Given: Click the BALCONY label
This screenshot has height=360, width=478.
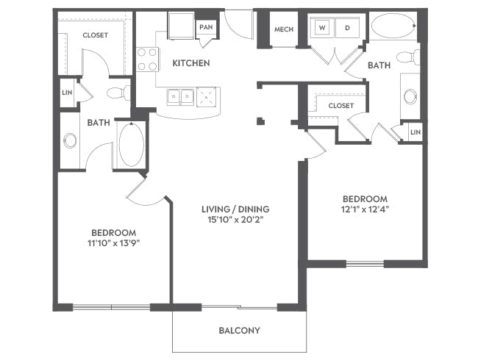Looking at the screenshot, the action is (x=239, y=330).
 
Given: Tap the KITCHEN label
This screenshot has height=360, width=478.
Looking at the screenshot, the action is (x=191, y=63).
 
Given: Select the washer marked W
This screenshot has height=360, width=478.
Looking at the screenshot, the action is (x=322, y=27).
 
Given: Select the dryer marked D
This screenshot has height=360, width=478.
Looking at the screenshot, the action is (x=347, y=27).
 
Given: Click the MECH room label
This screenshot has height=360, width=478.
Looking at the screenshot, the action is (x=284, y=29).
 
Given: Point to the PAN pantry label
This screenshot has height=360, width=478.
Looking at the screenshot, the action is (x=206, y=27).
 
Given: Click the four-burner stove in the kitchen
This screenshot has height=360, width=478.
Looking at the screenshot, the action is (x=147, y=59).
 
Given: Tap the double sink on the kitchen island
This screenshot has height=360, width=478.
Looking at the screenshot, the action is (x=180, y=97).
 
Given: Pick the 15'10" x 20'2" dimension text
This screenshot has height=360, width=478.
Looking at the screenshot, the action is (x=235, y=220).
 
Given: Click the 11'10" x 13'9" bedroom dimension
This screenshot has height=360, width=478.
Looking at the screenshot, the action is (x=114, y=243).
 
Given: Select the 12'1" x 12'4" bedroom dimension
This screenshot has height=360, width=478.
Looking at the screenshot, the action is (x=365, y=209).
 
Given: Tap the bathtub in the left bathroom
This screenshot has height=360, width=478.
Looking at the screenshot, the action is (x=131, y=145).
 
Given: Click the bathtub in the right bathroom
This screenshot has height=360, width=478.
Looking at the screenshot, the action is (x=393, y=26).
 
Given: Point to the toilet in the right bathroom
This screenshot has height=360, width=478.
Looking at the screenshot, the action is (x=408, y=57).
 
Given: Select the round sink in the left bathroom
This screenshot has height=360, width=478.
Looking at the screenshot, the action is (x=70, y=141).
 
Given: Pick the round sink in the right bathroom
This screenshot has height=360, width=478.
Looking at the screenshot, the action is (x=410, y=96).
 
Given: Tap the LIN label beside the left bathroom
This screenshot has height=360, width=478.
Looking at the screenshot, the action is (x=67, y=93).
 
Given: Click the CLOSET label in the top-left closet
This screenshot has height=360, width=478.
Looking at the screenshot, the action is (x=96, y=35).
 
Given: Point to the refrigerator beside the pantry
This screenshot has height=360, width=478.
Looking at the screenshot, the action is (x=181, y=26).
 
